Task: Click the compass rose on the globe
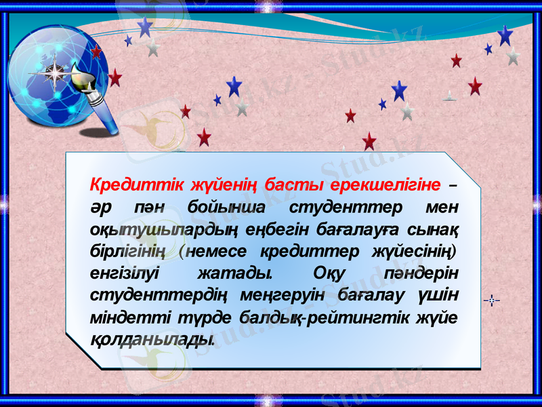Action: [x=55, y=72]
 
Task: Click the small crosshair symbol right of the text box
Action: [x=493, y=299]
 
